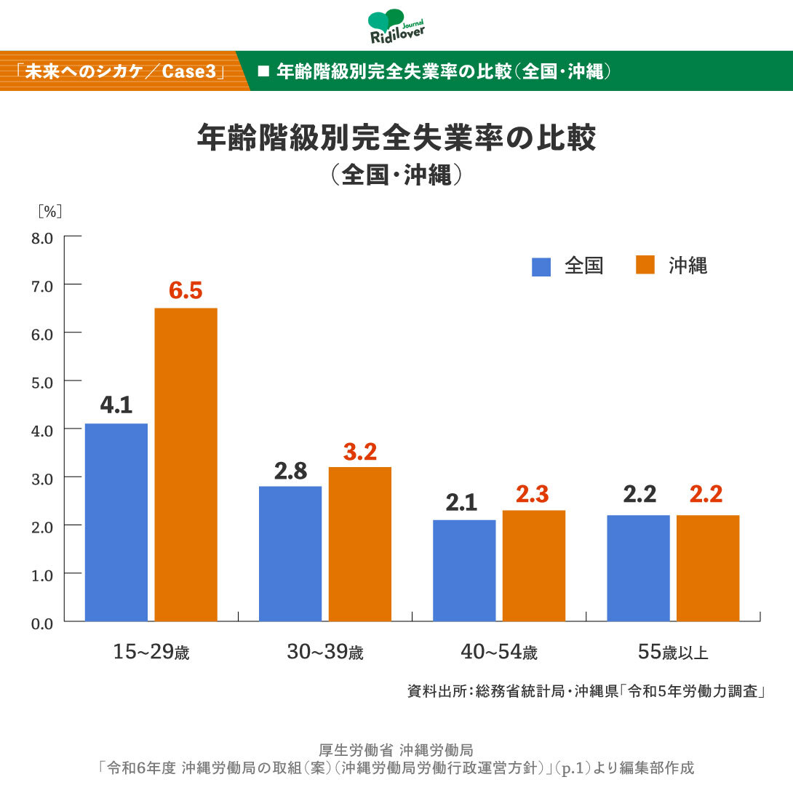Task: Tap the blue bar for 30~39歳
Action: [290, 553]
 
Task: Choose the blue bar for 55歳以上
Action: [638, 567]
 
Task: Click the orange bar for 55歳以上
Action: [708, 567]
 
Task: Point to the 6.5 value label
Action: [186, 291]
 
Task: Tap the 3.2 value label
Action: [359, 452]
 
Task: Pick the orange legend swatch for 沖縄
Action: [645, 266]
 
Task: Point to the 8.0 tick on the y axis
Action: [42, 237]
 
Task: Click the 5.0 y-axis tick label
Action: [42, 381]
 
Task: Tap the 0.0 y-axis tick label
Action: [42, 622]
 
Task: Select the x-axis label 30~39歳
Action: [324, 653]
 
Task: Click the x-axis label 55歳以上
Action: [673, 653]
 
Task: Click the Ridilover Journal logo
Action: [396, 28]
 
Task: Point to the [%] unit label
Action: [50, 211]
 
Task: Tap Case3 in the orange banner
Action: [191, 72]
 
